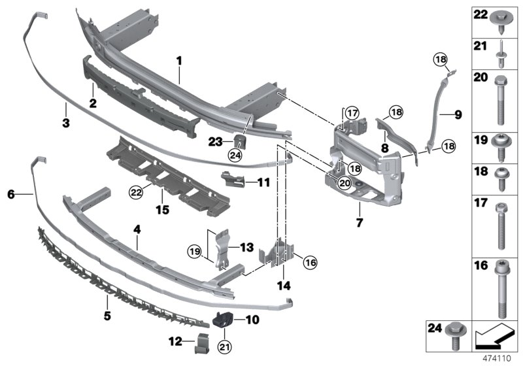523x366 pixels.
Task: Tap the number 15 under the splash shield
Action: click(161, 210)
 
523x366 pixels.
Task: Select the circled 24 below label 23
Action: click(235, 155)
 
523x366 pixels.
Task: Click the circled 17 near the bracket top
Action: click(353, 113)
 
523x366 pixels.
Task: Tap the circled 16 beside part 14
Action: click(310, 262)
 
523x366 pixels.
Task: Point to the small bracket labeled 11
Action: click(233, 178)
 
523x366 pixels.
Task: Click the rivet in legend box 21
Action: click(501, 54)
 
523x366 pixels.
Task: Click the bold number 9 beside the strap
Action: click(457, 114)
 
